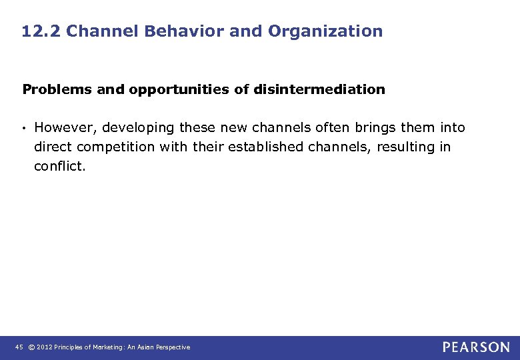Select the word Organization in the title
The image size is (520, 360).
[325, 31]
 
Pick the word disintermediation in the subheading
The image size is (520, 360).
[319, 89]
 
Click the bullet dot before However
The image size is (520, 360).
[25, 128]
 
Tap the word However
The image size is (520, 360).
[65, 128]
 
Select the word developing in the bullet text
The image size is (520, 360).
[139, 128]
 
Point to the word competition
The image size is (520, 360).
[121, 147]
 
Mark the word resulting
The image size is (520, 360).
[406, 147]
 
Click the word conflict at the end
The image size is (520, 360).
[59, 167]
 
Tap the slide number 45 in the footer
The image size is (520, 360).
[18, 347]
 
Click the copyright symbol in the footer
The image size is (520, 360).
[31, 347]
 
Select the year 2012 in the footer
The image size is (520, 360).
[44, 347]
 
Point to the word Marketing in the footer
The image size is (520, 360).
[106, 347]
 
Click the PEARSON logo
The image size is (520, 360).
[476, 347]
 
